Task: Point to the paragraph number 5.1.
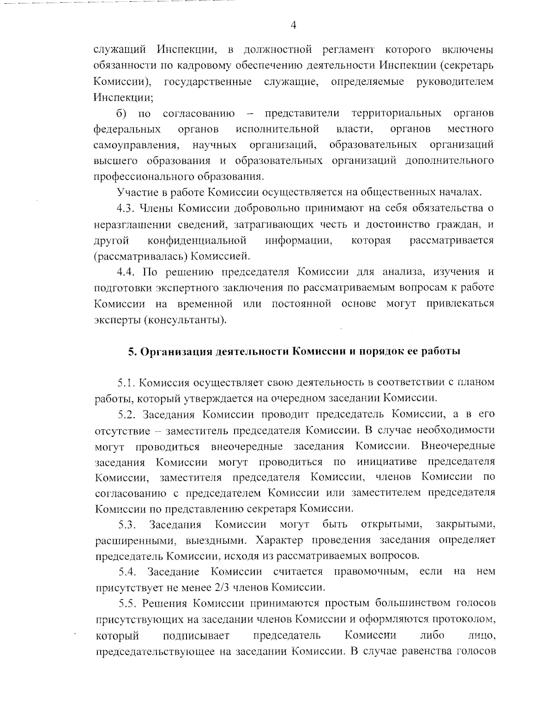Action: [126, 382]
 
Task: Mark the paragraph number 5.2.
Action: [127, 414]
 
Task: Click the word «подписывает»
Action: [196, 635]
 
